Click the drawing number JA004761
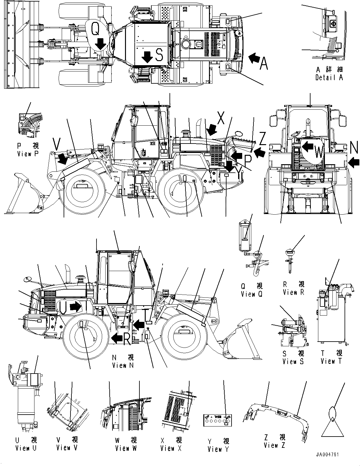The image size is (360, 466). pos(328,454)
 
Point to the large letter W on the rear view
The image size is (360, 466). pos(318,153)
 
